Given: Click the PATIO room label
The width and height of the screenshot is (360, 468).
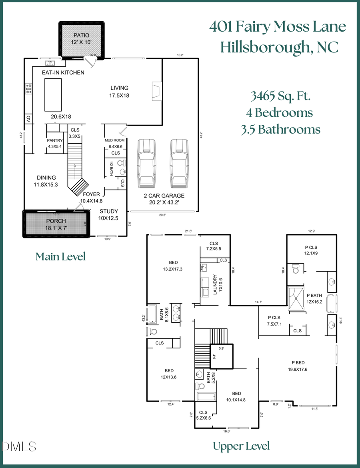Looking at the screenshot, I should [82, 35].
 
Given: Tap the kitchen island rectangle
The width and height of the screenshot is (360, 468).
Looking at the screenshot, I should [53, 94].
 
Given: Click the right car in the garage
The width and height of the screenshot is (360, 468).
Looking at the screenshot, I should [178, 163].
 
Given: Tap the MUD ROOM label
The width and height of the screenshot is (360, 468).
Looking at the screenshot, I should [114, 140].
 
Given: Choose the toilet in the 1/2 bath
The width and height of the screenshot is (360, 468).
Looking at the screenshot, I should [123, 163].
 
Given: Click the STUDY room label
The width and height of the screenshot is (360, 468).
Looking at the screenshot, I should [109, 211].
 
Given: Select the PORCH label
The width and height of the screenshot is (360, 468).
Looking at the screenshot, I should [56, 221].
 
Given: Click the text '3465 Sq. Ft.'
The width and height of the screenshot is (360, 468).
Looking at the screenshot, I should [280, 96].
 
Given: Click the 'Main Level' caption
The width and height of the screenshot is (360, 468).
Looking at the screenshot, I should [60, 256].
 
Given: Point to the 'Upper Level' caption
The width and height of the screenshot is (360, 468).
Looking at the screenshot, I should [241, 446].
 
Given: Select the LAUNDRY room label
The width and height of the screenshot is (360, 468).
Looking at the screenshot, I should [215, 284].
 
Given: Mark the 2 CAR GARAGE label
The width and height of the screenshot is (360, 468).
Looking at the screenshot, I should [164, 196].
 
